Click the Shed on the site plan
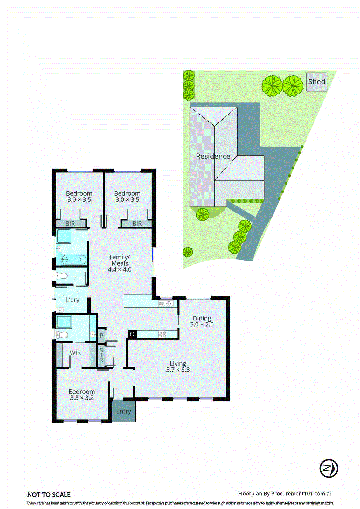(x=316, y=82)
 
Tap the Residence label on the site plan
(x=213, y=156)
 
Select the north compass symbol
(x=329, y=468)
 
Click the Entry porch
(x=124, y=411)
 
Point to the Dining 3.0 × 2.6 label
(x=202, y=321)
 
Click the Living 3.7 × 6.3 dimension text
(x=178, y=370)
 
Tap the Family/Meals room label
(x=120, y=260)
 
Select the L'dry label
(x=73, y=300)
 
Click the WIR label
(x=75, y=353)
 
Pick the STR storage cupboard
(x=101, y=355)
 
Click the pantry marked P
(x=101, y=335)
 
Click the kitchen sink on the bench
(x=166, y=303)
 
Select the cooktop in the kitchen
(x=163, y=334)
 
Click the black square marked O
(x=132, y=334)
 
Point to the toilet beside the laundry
(x=62, y=275)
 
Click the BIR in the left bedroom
(x=70, y=223)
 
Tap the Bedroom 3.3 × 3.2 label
(x=82, y=394)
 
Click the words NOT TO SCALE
(x=49, y=495)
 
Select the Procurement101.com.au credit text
(x=285, y=493)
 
